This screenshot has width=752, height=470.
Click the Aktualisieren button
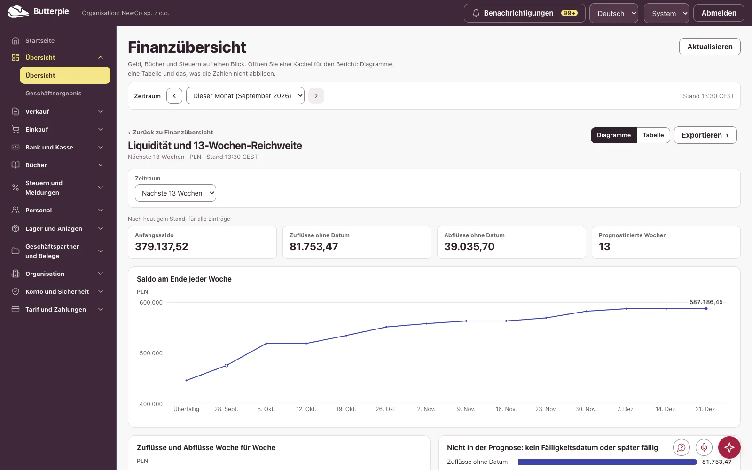710,47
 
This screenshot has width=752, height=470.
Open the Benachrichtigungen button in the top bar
525,13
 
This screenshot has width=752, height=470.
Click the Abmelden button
719,13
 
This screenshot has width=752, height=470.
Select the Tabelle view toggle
653,135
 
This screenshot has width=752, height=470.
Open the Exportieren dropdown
705,135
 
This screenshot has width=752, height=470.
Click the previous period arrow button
174,96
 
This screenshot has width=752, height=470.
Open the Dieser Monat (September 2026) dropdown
245,96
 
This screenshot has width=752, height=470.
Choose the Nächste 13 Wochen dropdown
175,193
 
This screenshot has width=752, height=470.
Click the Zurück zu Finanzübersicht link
171,132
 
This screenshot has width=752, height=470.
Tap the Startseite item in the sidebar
40,40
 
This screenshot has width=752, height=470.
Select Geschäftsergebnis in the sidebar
54,94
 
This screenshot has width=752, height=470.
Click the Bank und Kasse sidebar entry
49,148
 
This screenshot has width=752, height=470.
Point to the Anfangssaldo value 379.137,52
162,246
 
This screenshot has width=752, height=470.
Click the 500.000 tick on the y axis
151,353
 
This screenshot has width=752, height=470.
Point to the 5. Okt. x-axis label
266,409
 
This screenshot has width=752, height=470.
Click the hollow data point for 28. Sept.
226,366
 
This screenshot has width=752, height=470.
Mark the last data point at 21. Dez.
706,309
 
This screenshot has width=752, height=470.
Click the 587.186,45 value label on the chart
706,302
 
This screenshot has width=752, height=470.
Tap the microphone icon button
704,447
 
